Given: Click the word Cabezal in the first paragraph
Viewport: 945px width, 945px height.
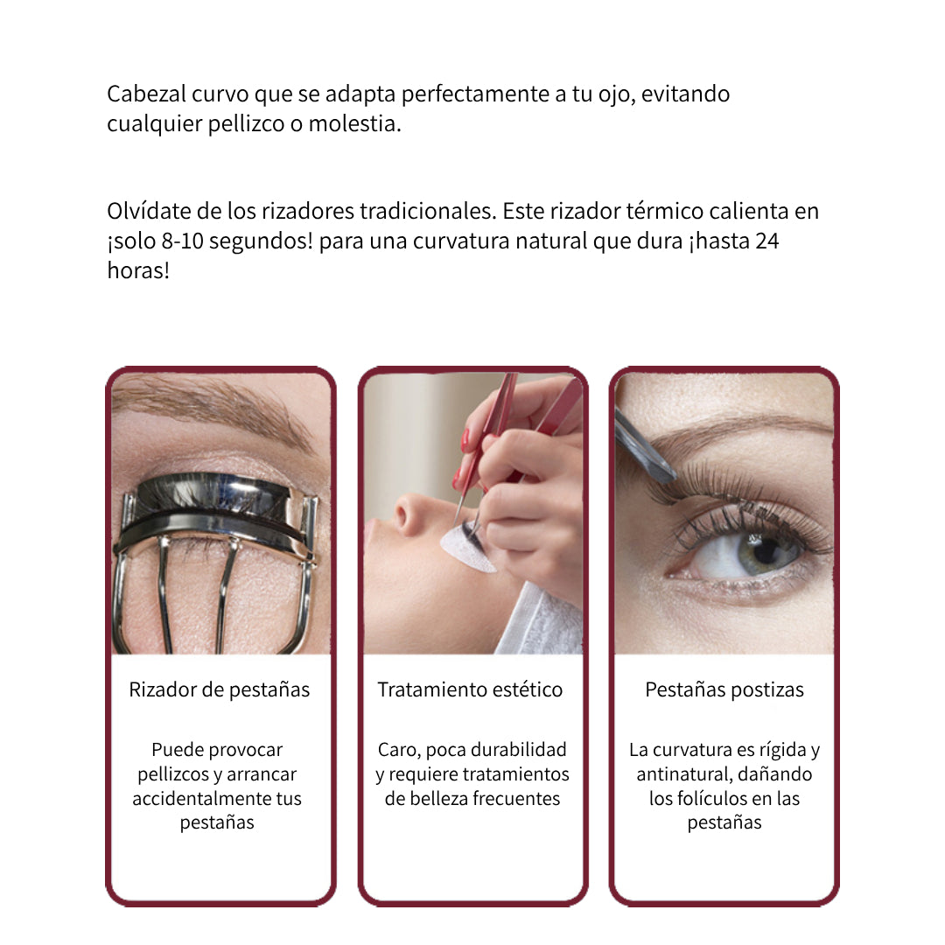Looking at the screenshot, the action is pos(146,94).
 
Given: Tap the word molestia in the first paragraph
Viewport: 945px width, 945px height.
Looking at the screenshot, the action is pos(355,123).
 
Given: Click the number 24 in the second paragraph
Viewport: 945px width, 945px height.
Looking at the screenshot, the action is pos(767,241).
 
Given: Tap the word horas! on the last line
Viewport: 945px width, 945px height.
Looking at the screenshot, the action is pos(138,270).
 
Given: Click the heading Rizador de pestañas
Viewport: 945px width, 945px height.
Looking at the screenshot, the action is pos(220,689).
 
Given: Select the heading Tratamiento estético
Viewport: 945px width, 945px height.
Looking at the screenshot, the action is pos(470,689).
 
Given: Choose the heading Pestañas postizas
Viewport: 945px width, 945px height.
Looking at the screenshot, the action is pos(724,689).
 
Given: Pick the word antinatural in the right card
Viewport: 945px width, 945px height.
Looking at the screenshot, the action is pos(684,774).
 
